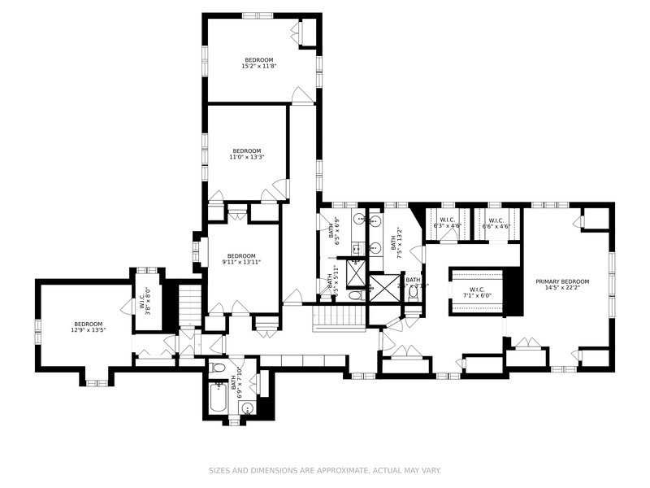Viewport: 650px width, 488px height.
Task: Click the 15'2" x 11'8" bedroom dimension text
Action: pyautogui.click(x=258, y=67)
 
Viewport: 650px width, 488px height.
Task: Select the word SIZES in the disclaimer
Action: pyautogui.click(x=220, y=470)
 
